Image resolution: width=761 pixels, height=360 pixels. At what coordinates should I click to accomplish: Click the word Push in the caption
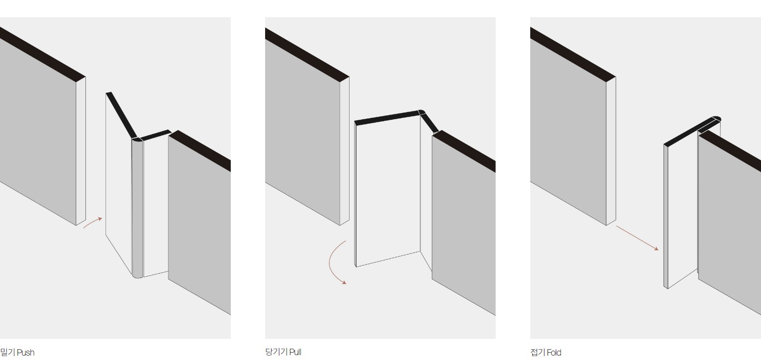pyautogui.click(x=26, y=353)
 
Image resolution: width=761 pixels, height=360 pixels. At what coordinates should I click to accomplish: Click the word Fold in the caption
pyautogui.click(x=554, y=353)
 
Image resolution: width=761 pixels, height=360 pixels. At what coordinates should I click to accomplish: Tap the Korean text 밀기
pyautogui.click(x=7, y=353)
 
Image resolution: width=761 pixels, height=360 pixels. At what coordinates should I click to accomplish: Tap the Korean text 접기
pyautogui.click(x=538, y=353)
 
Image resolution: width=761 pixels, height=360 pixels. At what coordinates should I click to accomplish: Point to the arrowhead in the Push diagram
pyautogui.click(x=100, y=219)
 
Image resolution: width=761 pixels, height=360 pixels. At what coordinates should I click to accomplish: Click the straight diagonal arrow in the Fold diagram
pyautogui.click(x=637, y=238)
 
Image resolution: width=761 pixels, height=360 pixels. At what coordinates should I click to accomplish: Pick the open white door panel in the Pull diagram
pyautogui.click(x=388, y=192)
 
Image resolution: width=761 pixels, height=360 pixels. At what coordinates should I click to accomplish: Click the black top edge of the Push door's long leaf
pyautogui.click(x=121, y=115)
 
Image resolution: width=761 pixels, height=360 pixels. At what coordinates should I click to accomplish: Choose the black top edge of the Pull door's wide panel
pyautogui.click(x=387, y=117)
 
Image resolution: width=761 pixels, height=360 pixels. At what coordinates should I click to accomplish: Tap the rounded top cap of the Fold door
pyautogui.click(x=715, y=119)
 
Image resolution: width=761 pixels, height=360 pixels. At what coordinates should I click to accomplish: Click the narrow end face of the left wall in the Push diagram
pyautogui.click(x=81, y=151)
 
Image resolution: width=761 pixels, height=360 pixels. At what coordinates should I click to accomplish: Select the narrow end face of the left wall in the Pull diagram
pyautogui.click(x=345, y=151)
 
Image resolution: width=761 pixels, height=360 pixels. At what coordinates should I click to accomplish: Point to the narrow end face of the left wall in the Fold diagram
pyautogui.click(x=611, y=151)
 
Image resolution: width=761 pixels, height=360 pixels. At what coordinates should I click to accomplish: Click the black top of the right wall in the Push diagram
pyautogui.click(x=200, y=150)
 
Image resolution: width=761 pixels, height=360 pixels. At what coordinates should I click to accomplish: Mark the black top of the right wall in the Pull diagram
pyautogui.click(x=464, y=151)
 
